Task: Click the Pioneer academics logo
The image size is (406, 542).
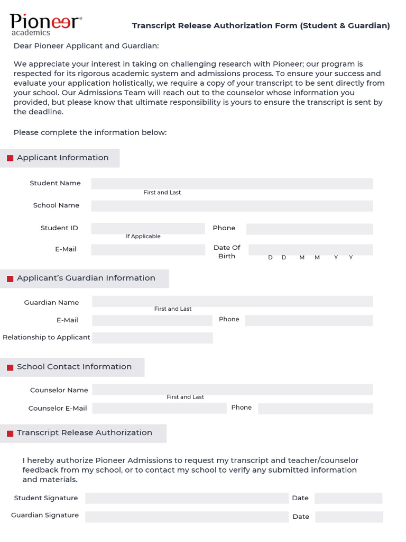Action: tap(45, 24)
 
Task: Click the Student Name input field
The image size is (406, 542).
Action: tap(232, 184)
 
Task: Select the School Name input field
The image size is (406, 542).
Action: tap(232, 206)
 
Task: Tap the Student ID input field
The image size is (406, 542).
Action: tap(147, 228)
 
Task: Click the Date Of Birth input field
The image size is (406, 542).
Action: tap(310, 249)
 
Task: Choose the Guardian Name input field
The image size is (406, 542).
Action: tap(232, 302)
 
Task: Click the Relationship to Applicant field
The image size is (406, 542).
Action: tap(152, 338)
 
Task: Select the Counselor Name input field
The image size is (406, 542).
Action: tap(232, 390)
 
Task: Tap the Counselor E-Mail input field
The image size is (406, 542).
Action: tap(159, 408)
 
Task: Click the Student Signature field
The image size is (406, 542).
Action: tap(187, 498)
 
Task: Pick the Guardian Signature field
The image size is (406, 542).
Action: tap(187, 516)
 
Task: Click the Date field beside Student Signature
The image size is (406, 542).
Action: tap(348, 498)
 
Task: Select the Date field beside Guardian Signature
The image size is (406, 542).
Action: tap(349, 517)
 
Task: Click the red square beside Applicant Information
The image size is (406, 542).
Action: tap(10, 158)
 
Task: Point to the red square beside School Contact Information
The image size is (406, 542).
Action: tap(10, 367)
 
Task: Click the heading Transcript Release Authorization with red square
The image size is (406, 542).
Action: tap(84, 433)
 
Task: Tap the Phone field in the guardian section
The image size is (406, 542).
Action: tap(309, 320)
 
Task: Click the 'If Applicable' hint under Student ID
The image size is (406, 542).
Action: tap(143, 237)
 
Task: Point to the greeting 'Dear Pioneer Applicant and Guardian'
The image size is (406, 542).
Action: tap(86, 46)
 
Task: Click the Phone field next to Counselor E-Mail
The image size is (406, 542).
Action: tap(315, 408)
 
